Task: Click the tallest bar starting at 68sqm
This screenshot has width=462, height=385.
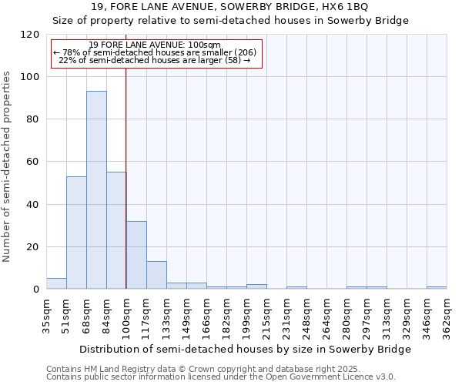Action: [96, 189]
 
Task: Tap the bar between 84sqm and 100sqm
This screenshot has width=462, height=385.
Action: [116, 230]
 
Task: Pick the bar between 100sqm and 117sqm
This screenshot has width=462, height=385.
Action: [136, 255]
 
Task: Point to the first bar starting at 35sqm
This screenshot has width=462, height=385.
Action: [56, 283]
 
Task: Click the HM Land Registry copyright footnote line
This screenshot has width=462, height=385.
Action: [209, 369]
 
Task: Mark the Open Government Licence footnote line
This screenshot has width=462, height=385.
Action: [221, 377]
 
